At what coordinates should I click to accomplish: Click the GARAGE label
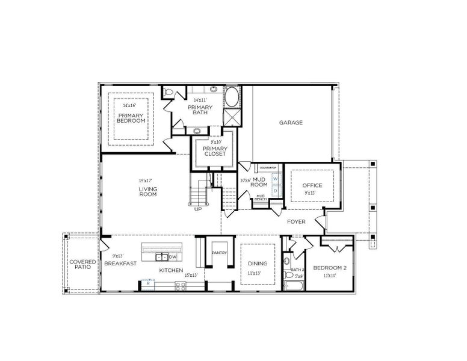coord(291,123)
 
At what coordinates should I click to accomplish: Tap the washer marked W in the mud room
coord(275,179)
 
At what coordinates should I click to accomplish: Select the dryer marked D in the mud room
coord(275,191)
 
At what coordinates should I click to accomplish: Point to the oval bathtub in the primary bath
coord(232,97)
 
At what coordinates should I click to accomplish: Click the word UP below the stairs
coord(198,209)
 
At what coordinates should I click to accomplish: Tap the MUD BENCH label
coord(261,197)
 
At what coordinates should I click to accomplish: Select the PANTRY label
coord(219,253)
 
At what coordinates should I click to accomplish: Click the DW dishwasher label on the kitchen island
coord(173,257)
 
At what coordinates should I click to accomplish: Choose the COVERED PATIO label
coord(82,265)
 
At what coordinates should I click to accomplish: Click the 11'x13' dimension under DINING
coord(257,273)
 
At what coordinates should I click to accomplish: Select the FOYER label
coord(295,221)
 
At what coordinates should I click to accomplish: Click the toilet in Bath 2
coord(287,261)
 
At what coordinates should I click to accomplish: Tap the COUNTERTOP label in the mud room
coord(267,167)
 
